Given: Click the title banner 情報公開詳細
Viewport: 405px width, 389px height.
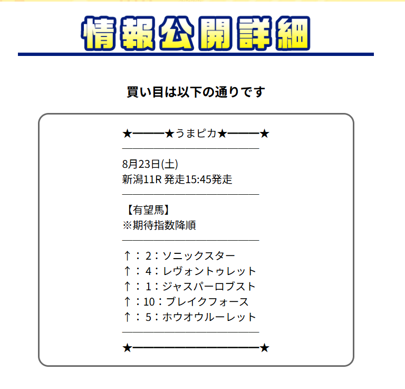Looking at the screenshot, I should [196, 35].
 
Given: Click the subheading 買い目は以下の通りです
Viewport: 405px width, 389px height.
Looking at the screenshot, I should [196, 92].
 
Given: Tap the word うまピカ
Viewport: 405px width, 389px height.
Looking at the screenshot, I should [196, 134].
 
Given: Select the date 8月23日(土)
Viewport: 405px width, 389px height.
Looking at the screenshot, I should [153, 164].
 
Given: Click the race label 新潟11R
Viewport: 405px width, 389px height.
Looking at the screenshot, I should [141, 179].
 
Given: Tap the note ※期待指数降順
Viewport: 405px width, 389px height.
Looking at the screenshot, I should [159, 225].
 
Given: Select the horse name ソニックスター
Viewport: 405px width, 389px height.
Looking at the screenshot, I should [198, 256].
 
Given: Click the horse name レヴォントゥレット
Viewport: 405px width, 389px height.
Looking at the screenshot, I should [209, 271].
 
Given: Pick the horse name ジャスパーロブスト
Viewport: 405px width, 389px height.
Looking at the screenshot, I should [209, 287].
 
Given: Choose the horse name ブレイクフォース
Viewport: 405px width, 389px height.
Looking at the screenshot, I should [207, 302].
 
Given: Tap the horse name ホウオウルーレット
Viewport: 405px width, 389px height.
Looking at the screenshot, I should [209, 317].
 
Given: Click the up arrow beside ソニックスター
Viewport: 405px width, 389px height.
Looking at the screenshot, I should [127, 256].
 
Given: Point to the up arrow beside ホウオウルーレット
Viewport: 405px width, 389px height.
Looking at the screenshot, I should [127, 317].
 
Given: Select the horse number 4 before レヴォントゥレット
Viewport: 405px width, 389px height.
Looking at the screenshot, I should [149, 271].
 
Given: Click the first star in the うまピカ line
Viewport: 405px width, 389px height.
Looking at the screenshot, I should [127, 134].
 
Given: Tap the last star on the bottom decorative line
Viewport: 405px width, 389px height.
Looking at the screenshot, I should [265, 348].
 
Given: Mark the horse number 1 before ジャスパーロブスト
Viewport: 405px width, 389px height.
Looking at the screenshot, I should [149, 287].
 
